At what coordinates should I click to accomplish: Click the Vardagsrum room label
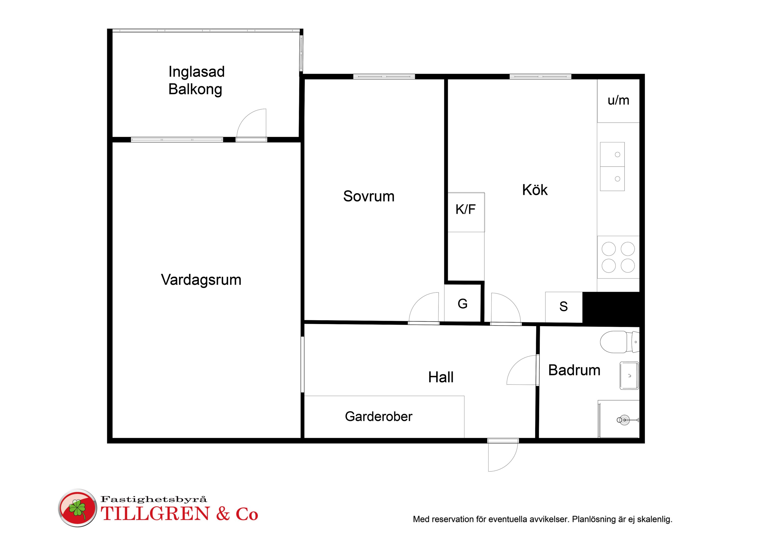(x=201, y=280)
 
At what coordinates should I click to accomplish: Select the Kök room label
(x=535, y=190)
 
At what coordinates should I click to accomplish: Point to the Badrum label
(x=574, y=370)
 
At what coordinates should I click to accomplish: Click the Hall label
(x=441, y=377)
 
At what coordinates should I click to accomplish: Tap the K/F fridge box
(x=466, y=212)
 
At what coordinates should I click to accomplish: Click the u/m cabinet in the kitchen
(x=618, y=101)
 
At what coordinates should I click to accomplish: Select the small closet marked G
(x=462, y=303)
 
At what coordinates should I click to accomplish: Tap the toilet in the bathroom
(x=619, y=342)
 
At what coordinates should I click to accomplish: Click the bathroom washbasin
(x=629, y=376)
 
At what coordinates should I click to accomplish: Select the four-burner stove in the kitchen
(x=618, y=257)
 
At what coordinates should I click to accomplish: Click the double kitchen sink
(x=612, y=167)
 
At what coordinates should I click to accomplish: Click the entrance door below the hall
(x=503, y=455)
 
